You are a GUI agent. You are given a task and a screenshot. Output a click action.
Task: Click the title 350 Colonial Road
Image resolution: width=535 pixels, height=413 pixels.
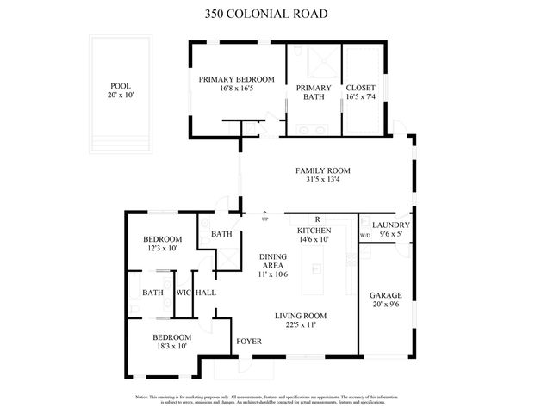point(266,14)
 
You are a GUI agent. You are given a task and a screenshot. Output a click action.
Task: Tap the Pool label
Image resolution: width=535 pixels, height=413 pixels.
point(120,86)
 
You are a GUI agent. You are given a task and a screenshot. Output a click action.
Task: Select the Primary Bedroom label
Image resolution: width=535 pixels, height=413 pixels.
point(236,79)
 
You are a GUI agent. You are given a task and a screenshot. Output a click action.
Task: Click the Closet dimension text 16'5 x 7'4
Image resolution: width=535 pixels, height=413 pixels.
point(360,97)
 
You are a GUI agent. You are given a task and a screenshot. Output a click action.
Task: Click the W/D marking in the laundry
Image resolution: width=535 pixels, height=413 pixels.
point(364,235)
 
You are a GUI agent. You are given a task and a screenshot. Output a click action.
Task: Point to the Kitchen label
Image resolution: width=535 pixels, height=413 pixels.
point(314,231)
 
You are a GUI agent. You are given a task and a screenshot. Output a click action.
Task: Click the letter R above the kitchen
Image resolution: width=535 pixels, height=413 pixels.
point(317,219)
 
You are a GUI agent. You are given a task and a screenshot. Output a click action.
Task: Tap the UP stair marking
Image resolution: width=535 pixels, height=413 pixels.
point(265,219)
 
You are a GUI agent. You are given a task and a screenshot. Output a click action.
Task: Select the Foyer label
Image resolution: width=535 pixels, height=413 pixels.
point(249,341)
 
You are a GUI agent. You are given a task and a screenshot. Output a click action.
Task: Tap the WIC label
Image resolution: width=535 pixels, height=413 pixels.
point(183,293)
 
